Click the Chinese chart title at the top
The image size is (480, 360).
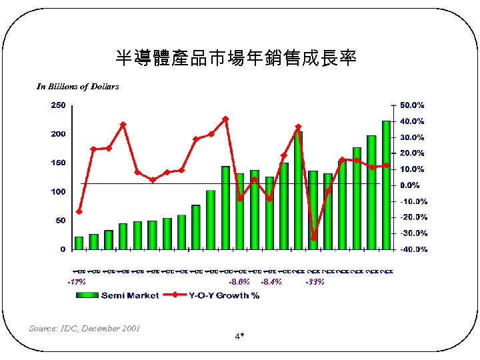pos(236,59)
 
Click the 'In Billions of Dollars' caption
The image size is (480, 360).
pos(78,87)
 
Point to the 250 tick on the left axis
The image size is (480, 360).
pos(59,105)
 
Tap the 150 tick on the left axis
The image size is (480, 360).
pos(59,163)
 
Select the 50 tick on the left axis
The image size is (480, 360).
pos(61,220)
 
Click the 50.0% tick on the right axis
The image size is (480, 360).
pos(413,105)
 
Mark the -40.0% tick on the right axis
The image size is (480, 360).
pos(413,249)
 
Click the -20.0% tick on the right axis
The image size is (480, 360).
pos(413,217)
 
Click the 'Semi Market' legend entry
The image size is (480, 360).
pos(129,295)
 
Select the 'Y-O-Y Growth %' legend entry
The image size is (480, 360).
pos(224,295)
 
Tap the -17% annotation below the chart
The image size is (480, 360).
pos(77,282)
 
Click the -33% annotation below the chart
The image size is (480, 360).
pos(315,282)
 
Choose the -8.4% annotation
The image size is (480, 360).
pos(271,282)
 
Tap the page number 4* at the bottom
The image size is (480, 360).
pos(239,335)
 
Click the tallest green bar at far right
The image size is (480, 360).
pos(386,185)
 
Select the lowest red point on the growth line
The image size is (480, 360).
pos(313,238)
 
